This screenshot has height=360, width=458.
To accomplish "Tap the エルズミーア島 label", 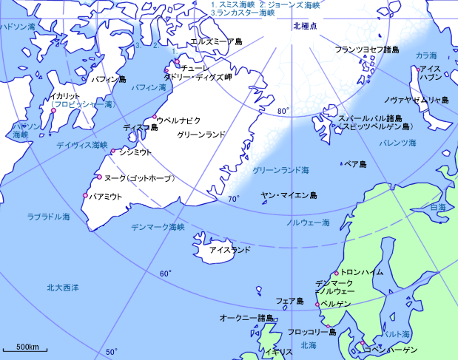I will (x=216, y=42).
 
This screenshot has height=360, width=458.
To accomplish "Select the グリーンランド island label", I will (x=201, y=136).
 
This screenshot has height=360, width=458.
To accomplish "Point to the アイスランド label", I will (x=230, y=251).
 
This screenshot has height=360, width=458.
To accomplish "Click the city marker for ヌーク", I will (x=98, y=177).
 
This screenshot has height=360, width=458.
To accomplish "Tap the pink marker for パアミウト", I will (x=85, y=196).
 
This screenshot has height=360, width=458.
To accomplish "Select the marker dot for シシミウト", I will (x=112, y=152).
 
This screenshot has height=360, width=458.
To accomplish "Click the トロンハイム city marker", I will (x=337, y=271).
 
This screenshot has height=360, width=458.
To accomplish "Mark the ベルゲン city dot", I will (x=317, y=304).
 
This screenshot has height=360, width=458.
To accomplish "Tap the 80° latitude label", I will (x=282, y=112).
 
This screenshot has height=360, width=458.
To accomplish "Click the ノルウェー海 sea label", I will (x=309, y=222).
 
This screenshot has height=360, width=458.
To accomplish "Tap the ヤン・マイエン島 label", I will (x=289, y=196).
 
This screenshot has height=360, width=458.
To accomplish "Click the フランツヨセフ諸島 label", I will (x=367, y=50).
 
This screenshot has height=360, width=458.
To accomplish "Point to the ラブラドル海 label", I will (x=48, y=217).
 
